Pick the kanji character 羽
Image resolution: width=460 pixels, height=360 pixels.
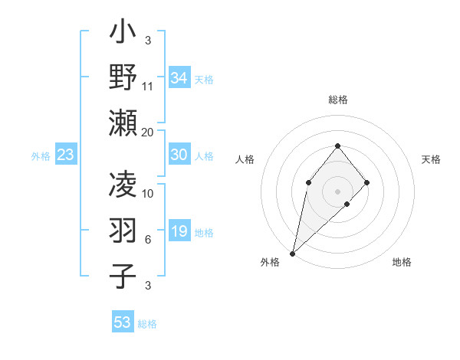(123, 232)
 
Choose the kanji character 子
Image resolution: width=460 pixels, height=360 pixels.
(123, 277)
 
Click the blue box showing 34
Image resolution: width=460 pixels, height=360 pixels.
(179, 78)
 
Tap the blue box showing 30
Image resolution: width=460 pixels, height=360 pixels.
(179, 155)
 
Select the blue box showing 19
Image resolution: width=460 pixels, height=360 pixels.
(179, 231)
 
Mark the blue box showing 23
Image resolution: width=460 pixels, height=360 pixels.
(66, 155)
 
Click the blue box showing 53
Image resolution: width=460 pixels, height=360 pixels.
(123, 322)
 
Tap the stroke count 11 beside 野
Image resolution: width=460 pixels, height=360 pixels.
(148, 87)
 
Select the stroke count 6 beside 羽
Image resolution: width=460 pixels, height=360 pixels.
(148, 240)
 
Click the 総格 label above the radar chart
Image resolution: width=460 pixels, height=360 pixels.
(337, 100)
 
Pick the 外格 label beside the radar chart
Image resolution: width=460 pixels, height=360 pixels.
(270, 262)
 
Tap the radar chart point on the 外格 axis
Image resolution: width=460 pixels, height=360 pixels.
(292, 254)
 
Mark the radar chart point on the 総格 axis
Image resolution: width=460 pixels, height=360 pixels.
(337, 146)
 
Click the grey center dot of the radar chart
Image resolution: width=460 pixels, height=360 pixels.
(337, 191)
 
